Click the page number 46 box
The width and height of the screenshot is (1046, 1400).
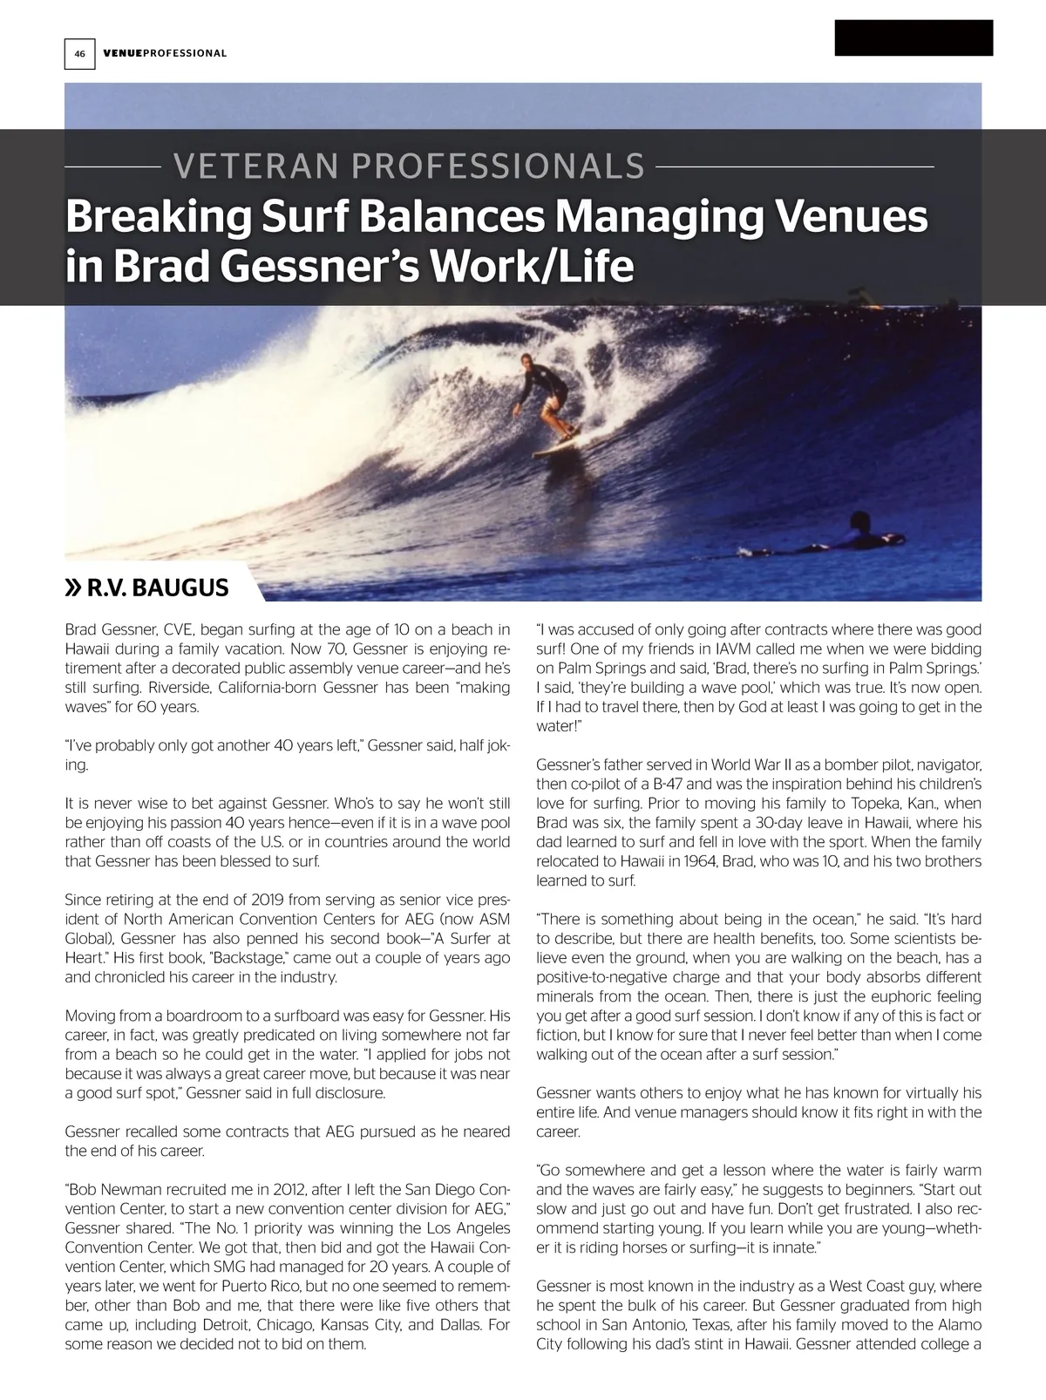coord(79,53)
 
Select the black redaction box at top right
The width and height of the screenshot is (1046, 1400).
coord(914,37)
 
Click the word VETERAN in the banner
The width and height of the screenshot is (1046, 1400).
coord(234,166)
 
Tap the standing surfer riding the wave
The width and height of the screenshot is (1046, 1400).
coord(547,397)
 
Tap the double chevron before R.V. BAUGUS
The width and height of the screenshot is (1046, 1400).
coord(74,588)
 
